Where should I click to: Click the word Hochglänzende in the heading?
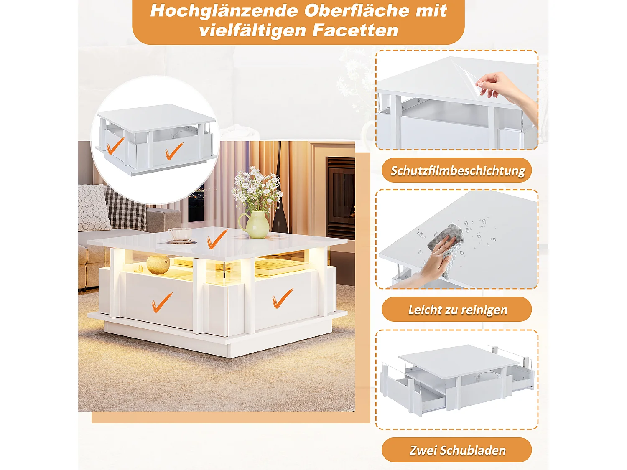coord(224,11)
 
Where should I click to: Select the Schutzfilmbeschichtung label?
coord(458,170)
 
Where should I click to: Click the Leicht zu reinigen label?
coord(458,310)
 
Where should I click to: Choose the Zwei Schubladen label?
coord(458,450)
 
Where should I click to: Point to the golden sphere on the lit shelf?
coord(158,264)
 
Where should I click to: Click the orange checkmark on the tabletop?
coord(217,239)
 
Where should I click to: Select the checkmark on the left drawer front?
coord(162,302)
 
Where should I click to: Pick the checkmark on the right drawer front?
coord(282,298)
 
